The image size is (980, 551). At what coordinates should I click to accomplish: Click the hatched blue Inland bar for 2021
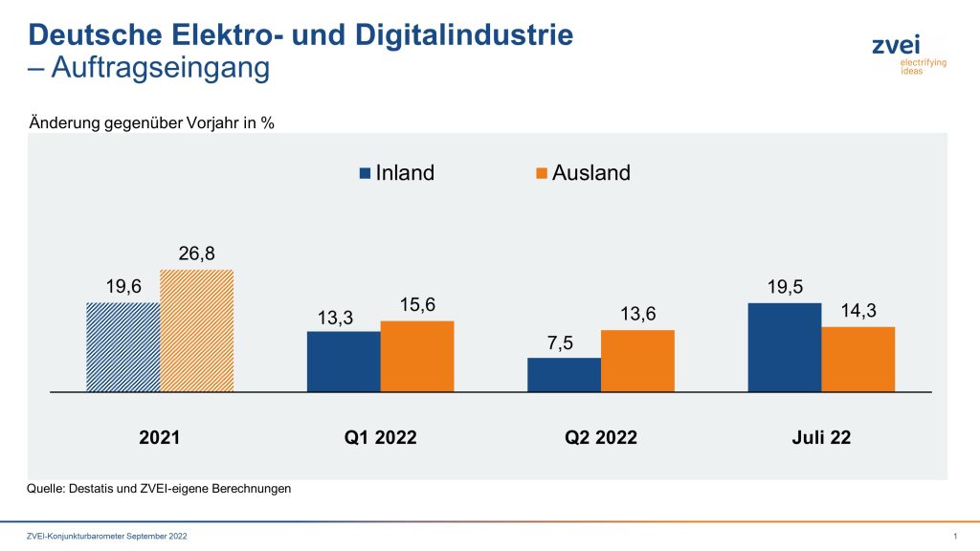pyautogui.click(x=122, y=347)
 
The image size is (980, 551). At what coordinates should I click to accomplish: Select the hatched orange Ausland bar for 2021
pyautogui.click(x=196, y=331)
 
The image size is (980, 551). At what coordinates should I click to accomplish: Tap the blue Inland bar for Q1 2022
pyautogui.click(x=344, y=362)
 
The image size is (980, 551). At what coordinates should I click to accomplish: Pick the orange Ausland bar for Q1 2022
pyautogui.click(x=417, y=356)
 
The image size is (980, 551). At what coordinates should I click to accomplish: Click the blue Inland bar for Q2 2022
pyautogui.click(x=564, y=375)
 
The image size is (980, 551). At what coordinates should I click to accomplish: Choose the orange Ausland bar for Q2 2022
pyautogui.click(x=637, y=361)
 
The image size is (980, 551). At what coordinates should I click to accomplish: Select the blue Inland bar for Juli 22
pyautogui.click(x=785, y=347)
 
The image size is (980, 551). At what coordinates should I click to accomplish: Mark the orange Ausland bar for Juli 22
pyautogui.click(x=858, y=359)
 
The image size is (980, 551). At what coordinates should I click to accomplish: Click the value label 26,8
pyautogui.click(x=196, y=254)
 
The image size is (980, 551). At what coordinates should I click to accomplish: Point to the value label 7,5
pyautogui.click(x=564, y=343)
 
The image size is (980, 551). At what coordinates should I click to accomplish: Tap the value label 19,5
pyautogui.click(x=785, y=288)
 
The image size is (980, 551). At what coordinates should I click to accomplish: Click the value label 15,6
pyautogui.click(x=417, y=306)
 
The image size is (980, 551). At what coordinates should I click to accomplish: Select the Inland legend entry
pyautogui.click(x=395, y=173)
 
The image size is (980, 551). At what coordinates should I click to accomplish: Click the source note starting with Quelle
pyautogui.click(x=159, y=489)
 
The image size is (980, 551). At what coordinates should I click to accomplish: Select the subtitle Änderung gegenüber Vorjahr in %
pyautogui.click(x=152, y=122)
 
